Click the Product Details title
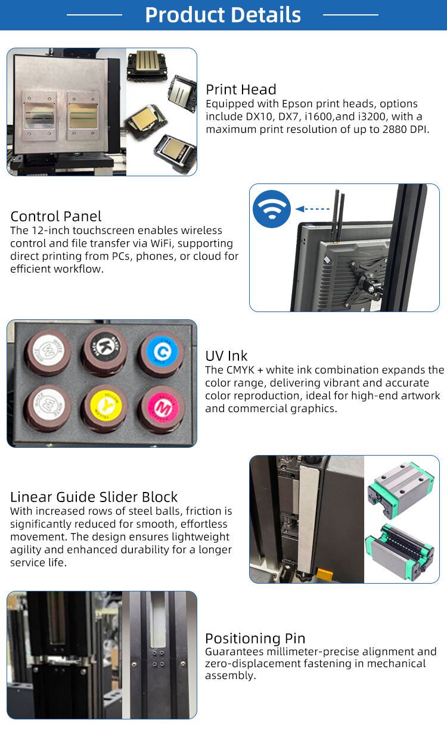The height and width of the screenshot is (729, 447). coord(223,15)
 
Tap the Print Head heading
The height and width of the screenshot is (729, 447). coord(241,89)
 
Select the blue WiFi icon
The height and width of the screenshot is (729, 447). coord(272,209)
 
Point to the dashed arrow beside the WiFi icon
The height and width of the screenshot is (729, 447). coord(312,209)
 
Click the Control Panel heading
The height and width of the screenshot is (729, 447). coord(56,216)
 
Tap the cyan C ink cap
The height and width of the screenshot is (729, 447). coord(162,352)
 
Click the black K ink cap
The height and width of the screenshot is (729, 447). coord(105,348)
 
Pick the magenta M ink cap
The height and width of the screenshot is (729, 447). coord(162,407)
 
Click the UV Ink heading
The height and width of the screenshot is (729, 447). coord(226,356)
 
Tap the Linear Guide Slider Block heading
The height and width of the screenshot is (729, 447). coord(94,497)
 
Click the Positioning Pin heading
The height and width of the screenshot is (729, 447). coord(255,638)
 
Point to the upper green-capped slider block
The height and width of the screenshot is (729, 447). coord(401,482)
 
